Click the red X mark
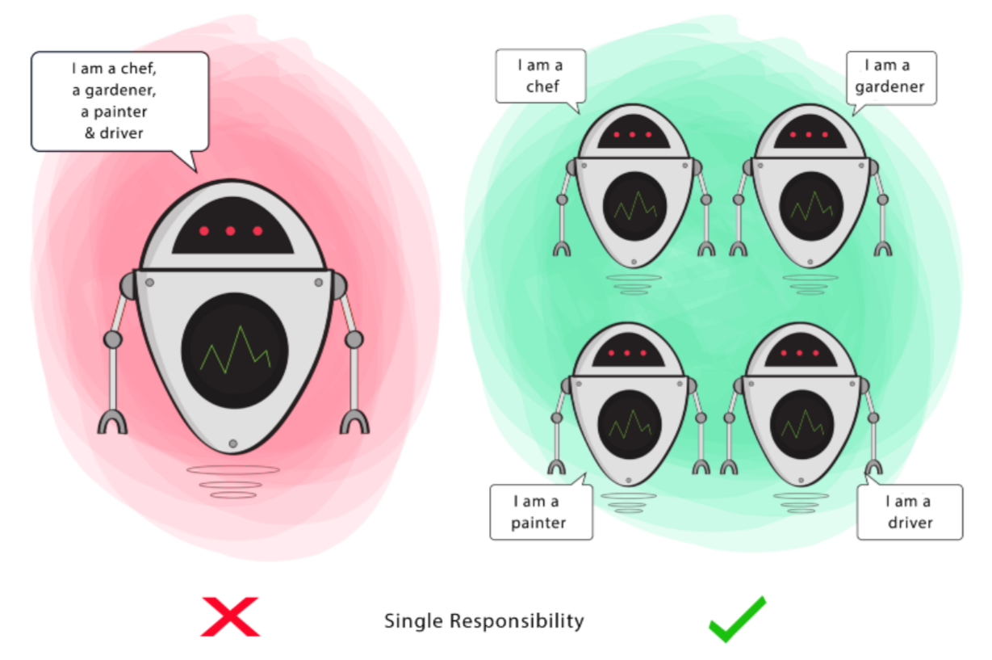[x=230, y=616]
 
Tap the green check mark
[x=736, y=620]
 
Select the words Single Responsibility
[x=483, y=621]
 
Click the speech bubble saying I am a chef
[x=540, y=76]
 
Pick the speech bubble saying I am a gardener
[x=890, y=77]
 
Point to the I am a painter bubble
[x=540, y=512]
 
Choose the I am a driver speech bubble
[x=910, y=512]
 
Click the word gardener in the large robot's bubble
[x=119, y=90]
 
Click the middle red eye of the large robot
[x=230, y=231]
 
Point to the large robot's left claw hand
[x=113, y=421]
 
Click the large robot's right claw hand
[x=354, y=421]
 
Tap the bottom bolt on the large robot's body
[x=233, y=444]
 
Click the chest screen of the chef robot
[x=634, y=205]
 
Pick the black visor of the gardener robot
[x=810, y=132]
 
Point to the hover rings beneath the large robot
[x=233, y=481]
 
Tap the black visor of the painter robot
[x=628, y=351]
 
